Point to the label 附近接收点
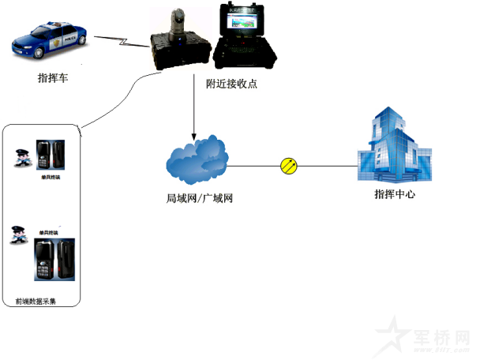pyautogui.click(x=231, y=83)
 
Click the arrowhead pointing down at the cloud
pyautogui.click(x=193, y=133)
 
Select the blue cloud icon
pyautogui.click(x=197, y=161)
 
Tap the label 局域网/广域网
pyautogui.click(x=201, y=199)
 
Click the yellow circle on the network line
pyautogui.click(x=290, y=166)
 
